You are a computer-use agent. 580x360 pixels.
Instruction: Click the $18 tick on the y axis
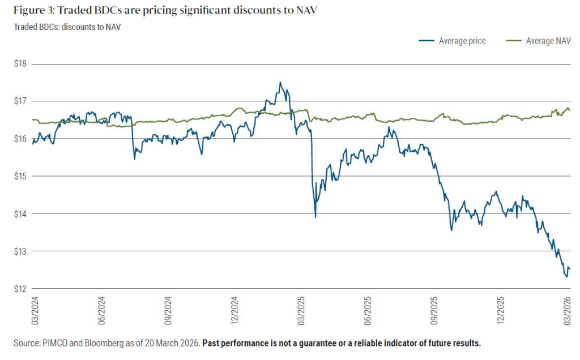coord(20,64)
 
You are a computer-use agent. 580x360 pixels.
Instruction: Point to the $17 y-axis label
coord(20,101)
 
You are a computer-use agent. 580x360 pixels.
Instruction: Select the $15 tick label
coord(20,176)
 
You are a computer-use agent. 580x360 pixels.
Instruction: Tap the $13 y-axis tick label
coord(20,251)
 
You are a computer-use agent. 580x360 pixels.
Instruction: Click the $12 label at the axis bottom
coord(20,289)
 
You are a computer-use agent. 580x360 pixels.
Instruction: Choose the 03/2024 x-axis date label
coord(35,311)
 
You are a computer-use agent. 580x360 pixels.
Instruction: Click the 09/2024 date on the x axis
coord(168,311)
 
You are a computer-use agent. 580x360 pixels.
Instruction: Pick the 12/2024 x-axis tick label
coord(234,311)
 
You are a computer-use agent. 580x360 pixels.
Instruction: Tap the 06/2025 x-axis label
coord(368,311)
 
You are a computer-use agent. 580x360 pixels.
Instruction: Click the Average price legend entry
coord(462,41)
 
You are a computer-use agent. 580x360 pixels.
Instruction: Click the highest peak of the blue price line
coord(280,83)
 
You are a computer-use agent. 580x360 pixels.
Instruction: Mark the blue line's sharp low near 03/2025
coord(315,216)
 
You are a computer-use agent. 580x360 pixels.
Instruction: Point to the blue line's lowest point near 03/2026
coord(565,276)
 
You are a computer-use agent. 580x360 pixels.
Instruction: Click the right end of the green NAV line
coord(569,110)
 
